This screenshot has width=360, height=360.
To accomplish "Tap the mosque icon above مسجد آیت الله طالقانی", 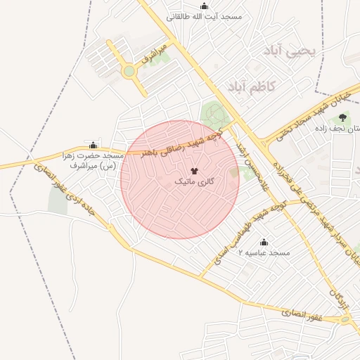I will pos(205,6).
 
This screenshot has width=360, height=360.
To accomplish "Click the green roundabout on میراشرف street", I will pos(129,70).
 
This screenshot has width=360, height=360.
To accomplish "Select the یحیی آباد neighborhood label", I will pos(290,51).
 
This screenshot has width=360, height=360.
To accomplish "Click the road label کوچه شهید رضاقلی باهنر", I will pos(181,142).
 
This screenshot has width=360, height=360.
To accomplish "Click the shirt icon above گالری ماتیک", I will pos(195,171).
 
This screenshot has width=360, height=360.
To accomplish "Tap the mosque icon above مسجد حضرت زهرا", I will pos(94,145).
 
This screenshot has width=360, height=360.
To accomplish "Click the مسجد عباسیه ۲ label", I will pos(264,252).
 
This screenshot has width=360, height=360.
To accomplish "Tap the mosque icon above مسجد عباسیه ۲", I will pos(264,241).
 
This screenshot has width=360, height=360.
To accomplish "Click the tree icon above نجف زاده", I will pos(342,117).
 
